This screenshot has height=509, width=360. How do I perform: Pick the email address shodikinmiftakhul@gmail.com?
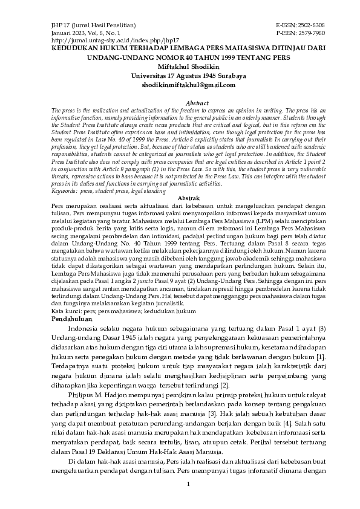point(180,85)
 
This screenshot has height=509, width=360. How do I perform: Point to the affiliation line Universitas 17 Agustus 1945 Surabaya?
point(180,76)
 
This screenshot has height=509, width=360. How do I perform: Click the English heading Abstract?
point(180,103)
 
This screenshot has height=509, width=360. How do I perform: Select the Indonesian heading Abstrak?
point(180,198)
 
